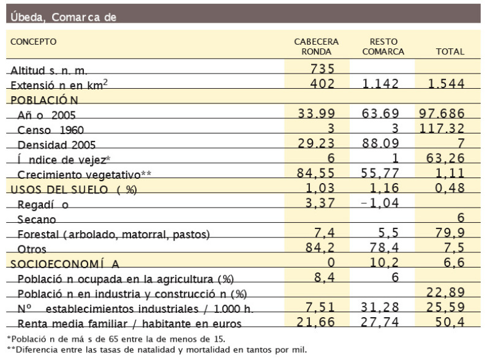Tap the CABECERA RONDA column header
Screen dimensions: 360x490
point(317,47)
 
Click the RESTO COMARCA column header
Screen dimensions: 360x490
point(383,47)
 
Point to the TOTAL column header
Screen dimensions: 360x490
point(450,52)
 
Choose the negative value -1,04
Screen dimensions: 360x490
point(382,203)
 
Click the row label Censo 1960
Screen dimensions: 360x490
point(51,130)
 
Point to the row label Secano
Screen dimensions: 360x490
point(37,219)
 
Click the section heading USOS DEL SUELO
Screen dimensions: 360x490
point(72,189)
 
